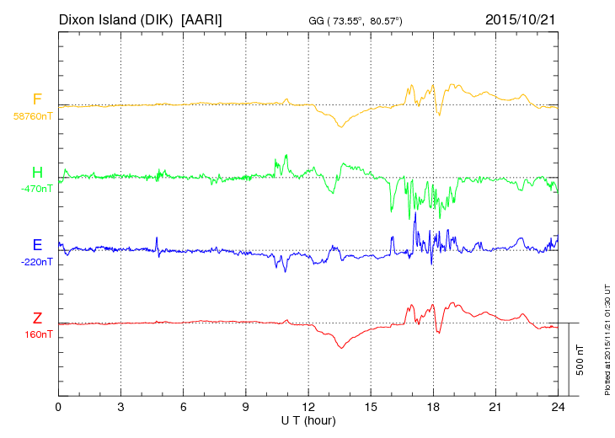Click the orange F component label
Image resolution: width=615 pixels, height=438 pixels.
click(x=37, y=99)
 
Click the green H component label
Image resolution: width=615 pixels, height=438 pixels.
click(x=37, y=173)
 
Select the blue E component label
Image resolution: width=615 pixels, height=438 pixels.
click(x=37, y=245)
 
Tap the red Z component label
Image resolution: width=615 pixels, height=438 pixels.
click(x=37, y=318)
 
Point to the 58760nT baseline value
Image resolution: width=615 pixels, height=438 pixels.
click(x=32, y=116)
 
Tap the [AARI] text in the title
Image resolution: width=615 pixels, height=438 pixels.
click(x=202, y=19)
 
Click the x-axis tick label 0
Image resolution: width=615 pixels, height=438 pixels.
click(x=58, y=407)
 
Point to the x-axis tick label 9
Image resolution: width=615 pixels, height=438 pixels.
click(x=246, y=407)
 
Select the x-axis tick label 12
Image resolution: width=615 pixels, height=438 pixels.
click(x=308, y=407)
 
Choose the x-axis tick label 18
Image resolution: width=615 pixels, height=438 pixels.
click(x=433, y=407)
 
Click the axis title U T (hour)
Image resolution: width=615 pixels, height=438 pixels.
click(x=308, y=419)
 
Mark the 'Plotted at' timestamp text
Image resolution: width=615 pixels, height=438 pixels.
click(x=607, y=337)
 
